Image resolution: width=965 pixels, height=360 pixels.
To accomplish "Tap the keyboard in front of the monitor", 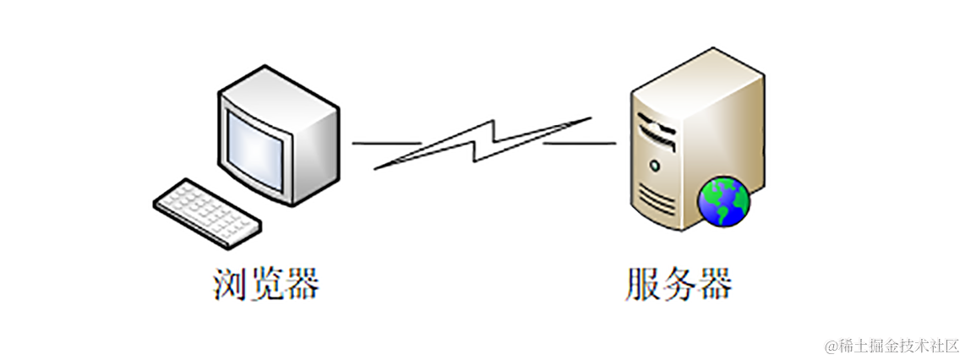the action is point(206,211).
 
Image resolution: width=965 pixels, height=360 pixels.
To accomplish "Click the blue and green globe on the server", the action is point(723,201).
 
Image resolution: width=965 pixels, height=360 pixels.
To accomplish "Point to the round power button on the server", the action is point(654,162).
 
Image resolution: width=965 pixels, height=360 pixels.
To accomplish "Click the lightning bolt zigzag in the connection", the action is point(482,144).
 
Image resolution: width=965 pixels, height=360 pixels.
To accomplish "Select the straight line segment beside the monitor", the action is point(385,143).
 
